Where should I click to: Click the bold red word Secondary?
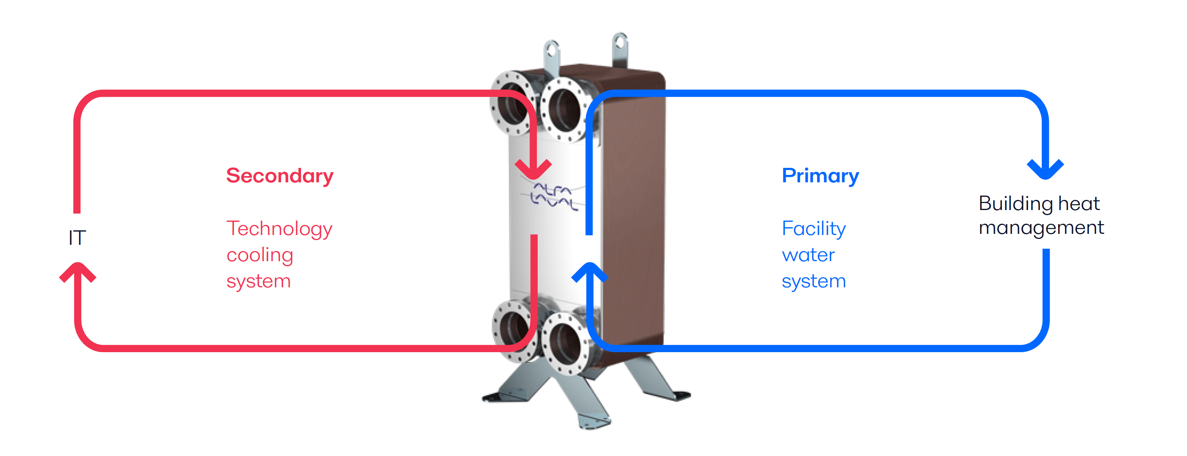coord(280,176)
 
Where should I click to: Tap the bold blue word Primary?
coord(820,176)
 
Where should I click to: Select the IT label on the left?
coord(77,238)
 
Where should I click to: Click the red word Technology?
coord(279,229)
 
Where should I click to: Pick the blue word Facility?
coord(814,229)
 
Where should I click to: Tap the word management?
coord(1041,228)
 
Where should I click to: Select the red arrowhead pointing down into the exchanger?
coord(534,169)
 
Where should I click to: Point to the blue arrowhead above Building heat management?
coord(1046,169)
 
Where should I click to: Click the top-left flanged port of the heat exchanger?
coord(512,103)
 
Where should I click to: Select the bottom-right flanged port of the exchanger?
coord(565,343)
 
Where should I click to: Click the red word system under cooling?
coord(258,281)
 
